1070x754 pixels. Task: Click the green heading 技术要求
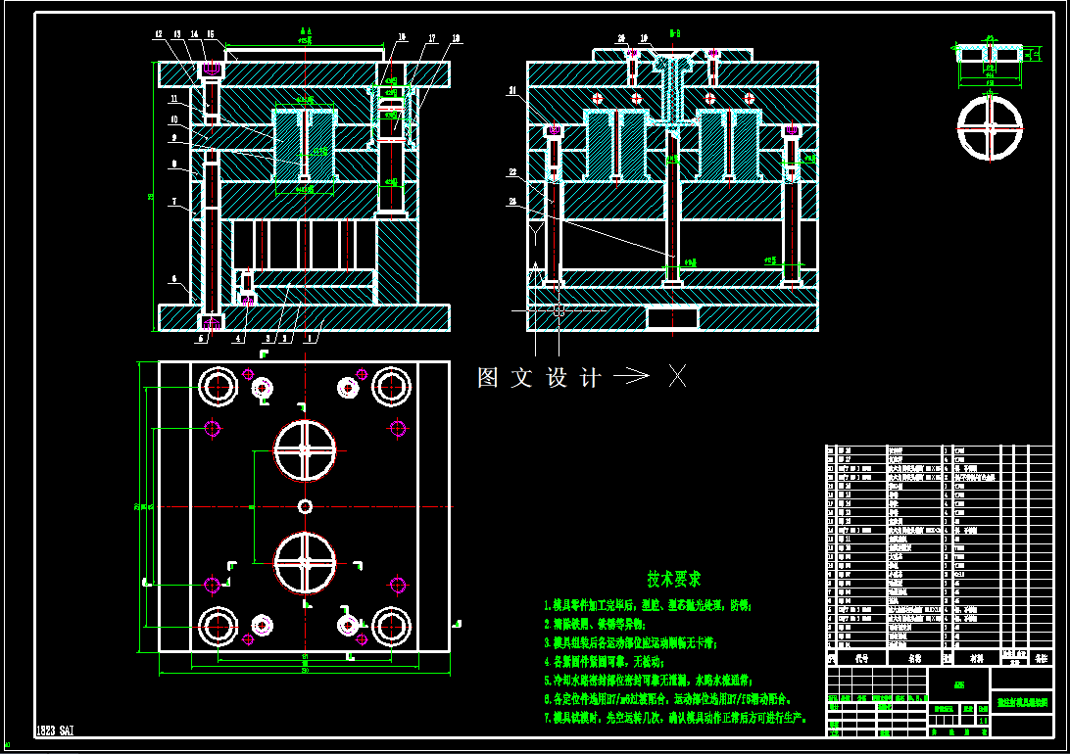(x=673, y=580)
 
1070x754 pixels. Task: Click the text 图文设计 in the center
(x=538, y=378)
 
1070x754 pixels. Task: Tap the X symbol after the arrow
(x=677, y=376)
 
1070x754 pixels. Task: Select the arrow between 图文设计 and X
(x=631, y=376)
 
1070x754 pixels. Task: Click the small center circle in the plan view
(x=306, y=505)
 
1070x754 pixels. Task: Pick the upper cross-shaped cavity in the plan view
(x=305, y=450)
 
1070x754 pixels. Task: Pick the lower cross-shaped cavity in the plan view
(x=305, y=562)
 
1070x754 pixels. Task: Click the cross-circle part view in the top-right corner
(x=990, y=127)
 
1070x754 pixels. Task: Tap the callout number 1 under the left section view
(x=310, y=339)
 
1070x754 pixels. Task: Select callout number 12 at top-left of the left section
(x=158, y=35)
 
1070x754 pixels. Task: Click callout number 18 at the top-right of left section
(x=456, y=38)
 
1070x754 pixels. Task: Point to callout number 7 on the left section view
(x=172, y=203)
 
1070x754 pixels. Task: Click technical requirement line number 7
(x=676, y=718)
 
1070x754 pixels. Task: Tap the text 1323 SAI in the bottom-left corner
(x=55, y=730)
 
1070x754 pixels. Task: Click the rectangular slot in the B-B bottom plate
(x=672, y=316)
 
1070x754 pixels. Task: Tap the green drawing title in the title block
(x=1022, y=702)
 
